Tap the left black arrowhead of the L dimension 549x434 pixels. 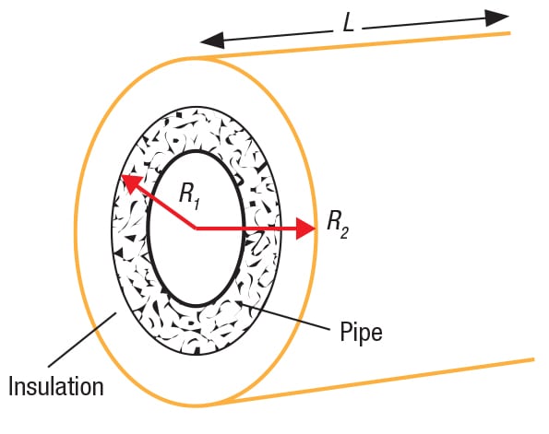coord(212,40)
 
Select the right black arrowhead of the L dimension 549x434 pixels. coord(497,18)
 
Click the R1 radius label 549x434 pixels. coord(189,196)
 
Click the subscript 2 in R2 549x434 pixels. coord(344,232)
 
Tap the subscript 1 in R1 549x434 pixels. coord(197,204)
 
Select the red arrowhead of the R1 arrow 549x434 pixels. coord(131,183)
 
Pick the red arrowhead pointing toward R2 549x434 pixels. coord(305,229)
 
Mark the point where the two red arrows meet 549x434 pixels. coord(196,229)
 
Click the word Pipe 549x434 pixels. coord(361,332)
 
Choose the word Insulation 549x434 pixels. coord(56,386)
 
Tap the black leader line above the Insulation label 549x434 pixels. coord(82,340)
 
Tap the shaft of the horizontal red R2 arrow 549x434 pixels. coord(246,229)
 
